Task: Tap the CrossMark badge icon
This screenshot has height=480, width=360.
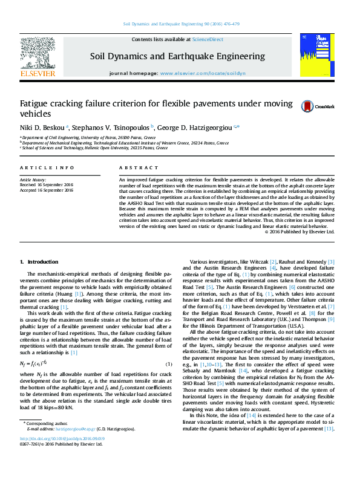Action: (x=307, y=106)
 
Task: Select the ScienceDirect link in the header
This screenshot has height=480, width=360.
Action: (x=208, y=39)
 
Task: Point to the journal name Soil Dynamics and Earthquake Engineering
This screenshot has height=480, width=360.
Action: (x=177, y=56)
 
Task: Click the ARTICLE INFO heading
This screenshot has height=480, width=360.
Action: (x=47, y=167)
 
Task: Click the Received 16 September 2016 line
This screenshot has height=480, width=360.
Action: (x=47, y=185)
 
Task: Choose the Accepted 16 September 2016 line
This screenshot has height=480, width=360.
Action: (x=47, y=190)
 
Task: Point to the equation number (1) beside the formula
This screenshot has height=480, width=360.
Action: (x=169, y=364)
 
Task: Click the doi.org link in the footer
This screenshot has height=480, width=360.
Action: (x=62, y=455)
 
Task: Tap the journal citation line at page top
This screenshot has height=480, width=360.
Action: (x=180, y=24)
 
